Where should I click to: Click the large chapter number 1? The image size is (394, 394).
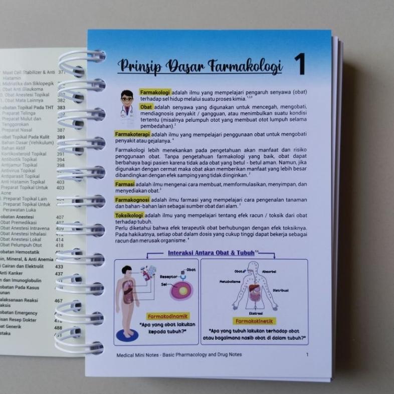tap(300, 65)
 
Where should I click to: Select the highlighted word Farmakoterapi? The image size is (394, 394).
tap(132, 134)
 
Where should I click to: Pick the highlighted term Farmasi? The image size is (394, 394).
tap(125, 184)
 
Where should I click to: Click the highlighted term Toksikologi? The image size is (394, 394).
tap(129, 215)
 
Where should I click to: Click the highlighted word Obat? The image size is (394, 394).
tap(146, 107)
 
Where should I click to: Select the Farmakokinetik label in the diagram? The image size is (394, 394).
tap(253, 320)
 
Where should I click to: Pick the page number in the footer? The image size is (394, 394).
tap(307, 354)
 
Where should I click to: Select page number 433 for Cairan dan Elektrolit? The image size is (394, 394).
tap(59, 267)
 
